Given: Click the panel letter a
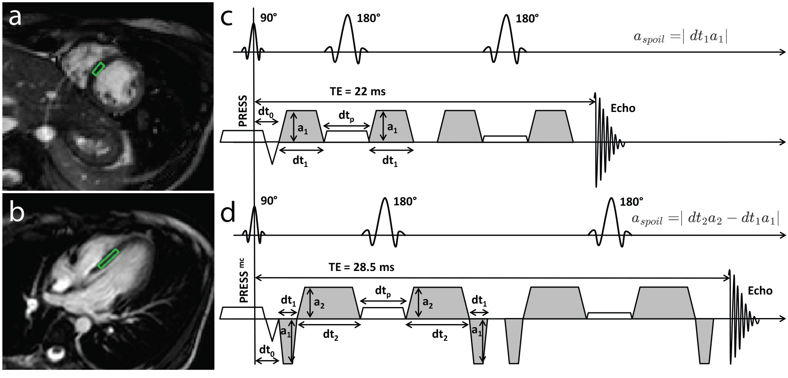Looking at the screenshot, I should pos(15,17).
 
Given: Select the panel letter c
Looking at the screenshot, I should pos(226,18).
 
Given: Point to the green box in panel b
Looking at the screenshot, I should pos(109,259).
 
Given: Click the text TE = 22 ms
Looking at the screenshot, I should pos(358,91).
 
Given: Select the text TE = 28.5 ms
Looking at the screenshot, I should pos(361,268).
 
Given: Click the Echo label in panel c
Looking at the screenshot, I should pos(623,108).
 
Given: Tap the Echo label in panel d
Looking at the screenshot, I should pos(760,291).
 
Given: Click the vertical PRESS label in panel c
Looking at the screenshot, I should pos(243,111).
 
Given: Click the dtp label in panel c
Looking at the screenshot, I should pos(346,117).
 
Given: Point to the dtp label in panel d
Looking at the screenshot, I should pos(383,291).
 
